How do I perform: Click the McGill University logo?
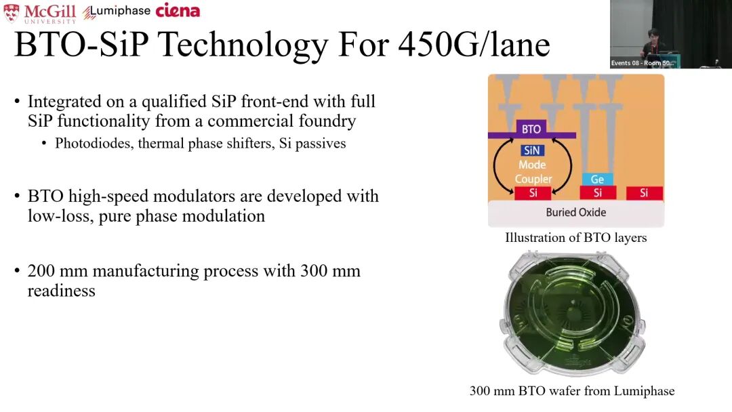[40, 13]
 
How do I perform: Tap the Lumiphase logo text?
[117, 12]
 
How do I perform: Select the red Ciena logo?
[178, 10]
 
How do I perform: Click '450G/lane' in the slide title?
[474, 45]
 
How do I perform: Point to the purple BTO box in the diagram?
[531, 129]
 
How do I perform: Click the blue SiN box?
[532, 150]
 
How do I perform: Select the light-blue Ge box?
[597, 179]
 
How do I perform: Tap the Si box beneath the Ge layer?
[598, 192]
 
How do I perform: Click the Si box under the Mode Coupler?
[533, 192]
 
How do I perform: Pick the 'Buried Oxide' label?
[576, 212]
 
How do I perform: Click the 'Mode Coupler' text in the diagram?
[533, 171]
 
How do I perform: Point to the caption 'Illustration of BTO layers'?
[575, 237]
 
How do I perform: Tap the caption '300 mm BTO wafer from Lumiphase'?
[572, 390]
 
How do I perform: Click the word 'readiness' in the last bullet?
[61, 291]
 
